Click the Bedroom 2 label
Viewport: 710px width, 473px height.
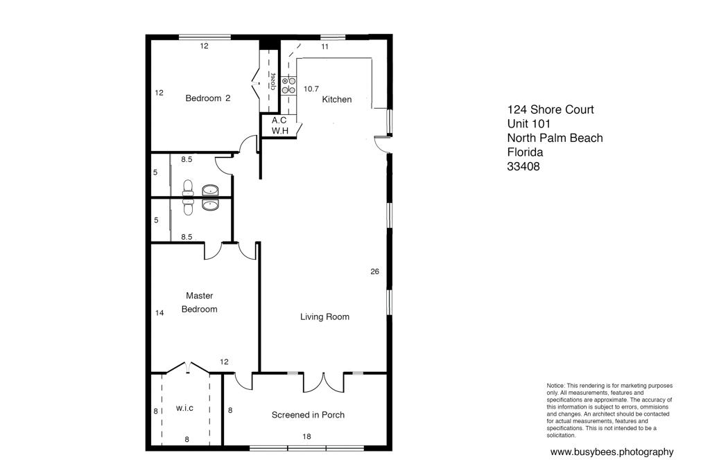(207, 98)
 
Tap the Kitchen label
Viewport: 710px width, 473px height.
(337, 100)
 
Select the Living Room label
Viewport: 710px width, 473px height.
(324, 317)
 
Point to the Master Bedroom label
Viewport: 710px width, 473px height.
(199, 303)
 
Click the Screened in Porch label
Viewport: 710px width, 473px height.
(308, 416)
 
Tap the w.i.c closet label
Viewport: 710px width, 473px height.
(184, 409)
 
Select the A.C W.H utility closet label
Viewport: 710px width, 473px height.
(279, 125)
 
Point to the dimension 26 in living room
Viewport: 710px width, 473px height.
(375, 272)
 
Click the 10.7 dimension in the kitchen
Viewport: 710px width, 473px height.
(311, 89)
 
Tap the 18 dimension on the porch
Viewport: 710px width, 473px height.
(306, 437)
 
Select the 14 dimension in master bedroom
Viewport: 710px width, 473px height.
(159, 313)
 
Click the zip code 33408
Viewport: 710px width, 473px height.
(523, 167)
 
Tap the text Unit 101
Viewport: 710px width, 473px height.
(529, 124)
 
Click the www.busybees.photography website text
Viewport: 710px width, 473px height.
(612, 452)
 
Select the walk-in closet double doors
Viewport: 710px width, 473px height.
(186, 366)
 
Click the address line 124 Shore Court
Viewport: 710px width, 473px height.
(551, 110)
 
